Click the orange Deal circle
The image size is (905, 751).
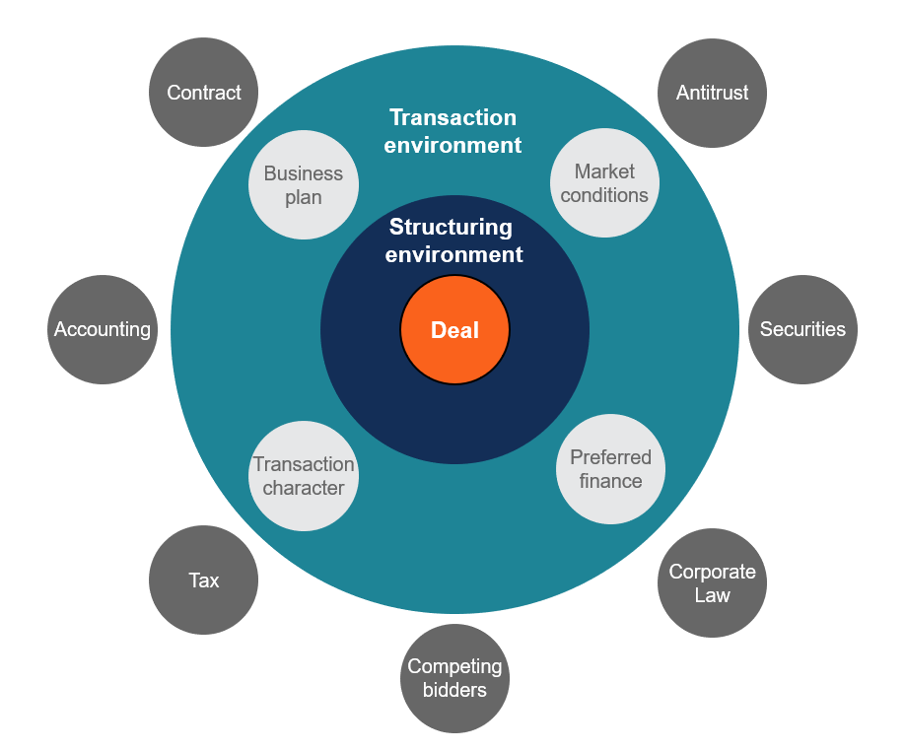coord(454,329)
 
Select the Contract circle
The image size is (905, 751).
coord(203,93)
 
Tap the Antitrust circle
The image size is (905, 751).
coord(712,93)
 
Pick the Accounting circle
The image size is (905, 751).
coord(103,329)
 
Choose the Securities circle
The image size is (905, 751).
coord(802,329)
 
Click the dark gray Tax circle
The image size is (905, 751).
coord(203,580)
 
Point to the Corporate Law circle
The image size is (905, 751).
coord(712,582)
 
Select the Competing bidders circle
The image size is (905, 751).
coord(454,678)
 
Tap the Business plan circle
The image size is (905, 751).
coord(303,184)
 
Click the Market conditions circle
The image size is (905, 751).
coord(604,183)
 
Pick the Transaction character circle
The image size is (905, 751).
coord(303,476)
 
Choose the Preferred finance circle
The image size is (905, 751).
coord(610,469)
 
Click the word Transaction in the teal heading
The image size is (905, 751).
coord(452,117)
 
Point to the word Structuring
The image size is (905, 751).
coord(451,228)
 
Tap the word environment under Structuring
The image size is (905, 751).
coord(453,254)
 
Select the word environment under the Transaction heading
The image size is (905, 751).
coord(452,145)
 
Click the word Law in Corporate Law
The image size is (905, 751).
coord(712,594)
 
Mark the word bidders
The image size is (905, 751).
coord(454,690)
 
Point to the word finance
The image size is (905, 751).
coord(610,481)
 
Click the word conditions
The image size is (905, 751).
coord(604,195)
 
